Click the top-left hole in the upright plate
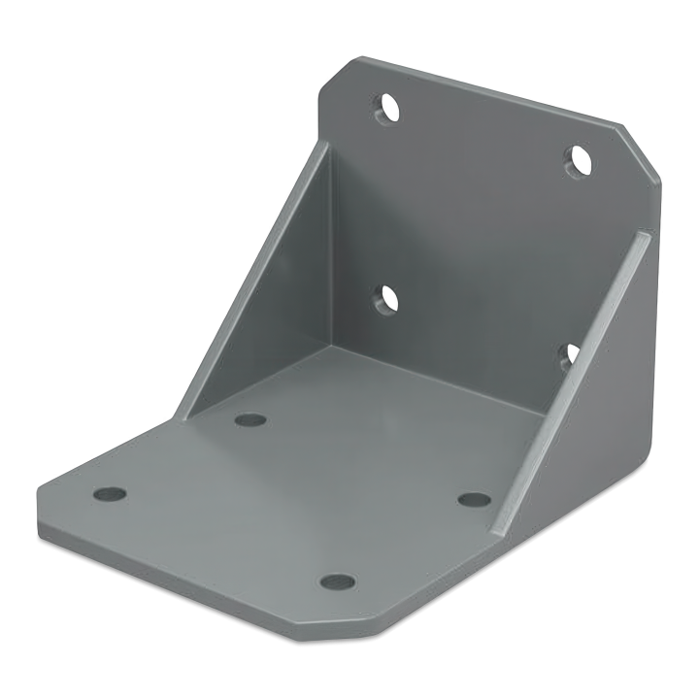pyautogui.click(x=387, y=108)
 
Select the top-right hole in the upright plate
pyautogui.click(x=579, y=159)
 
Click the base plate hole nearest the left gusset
pyautogui.click(x=250, y=420)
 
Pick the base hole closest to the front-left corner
pyautogui.click(x=111, y=494)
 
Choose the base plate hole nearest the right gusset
pyautogui.click(x=474, y=500)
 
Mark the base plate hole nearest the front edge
pyautogui.click(x=337, y=582)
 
